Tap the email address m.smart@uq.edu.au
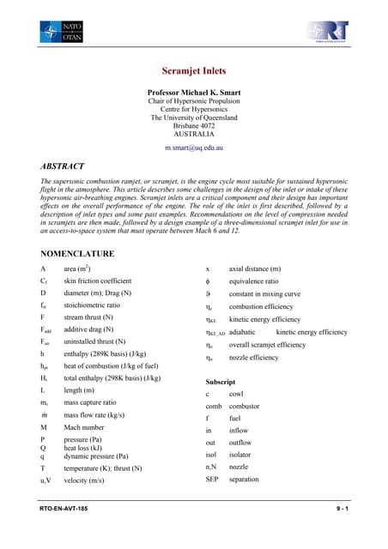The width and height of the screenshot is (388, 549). click(193, 148)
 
